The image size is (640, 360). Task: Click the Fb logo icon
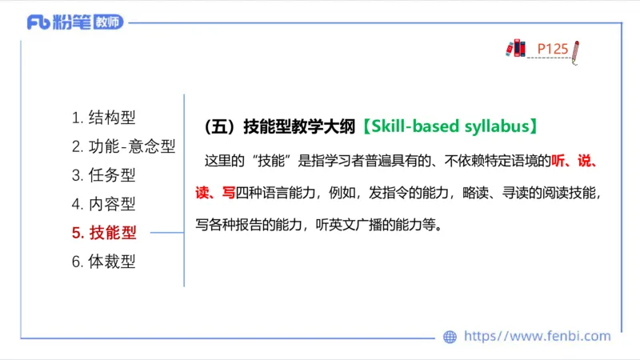point(38,22)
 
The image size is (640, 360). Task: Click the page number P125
point(552,49)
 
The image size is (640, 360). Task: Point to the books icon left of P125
point(516,49)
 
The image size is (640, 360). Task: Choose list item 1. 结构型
point(104,118)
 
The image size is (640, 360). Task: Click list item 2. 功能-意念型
point(123,146)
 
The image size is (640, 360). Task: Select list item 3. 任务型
point(104,175)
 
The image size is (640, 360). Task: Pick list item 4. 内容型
point(104,204)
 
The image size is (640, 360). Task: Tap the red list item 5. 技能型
point(104,233)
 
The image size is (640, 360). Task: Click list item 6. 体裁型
point(104,262)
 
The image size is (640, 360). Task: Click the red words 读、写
point(215,192)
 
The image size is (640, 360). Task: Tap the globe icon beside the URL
point(450,337)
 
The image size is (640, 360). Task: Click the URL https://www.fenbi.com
point(537,337)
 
